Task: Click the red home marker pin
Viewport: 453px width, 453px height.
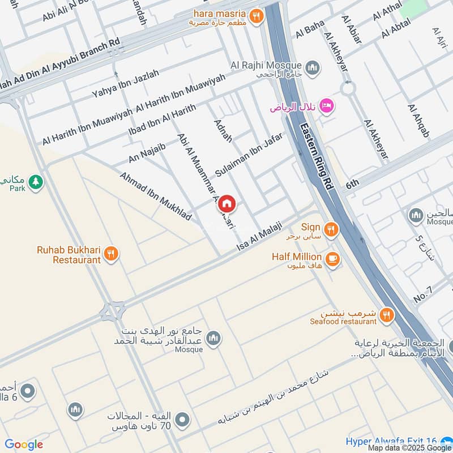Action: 227,204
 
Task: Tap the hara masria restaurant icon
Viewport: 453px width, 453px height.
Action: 257,16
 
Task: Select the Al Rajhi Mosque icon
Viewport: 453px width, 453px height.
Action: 312,69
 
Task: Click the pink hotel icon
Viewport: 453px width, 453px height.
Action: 327,106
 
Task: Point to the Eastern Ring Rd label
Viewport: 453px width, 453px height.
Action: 317,156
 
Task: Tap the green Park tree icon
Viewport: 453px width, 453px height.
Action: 36,182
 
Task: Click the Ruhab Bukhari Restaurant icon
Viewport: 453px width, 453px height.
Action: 112,254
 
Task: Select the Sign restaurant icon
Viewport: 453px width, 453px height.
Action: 331,229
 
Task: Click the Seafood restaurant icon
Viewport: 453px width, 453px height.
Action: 387,315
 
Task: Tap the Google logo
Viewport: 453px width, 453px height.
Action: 24,445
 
